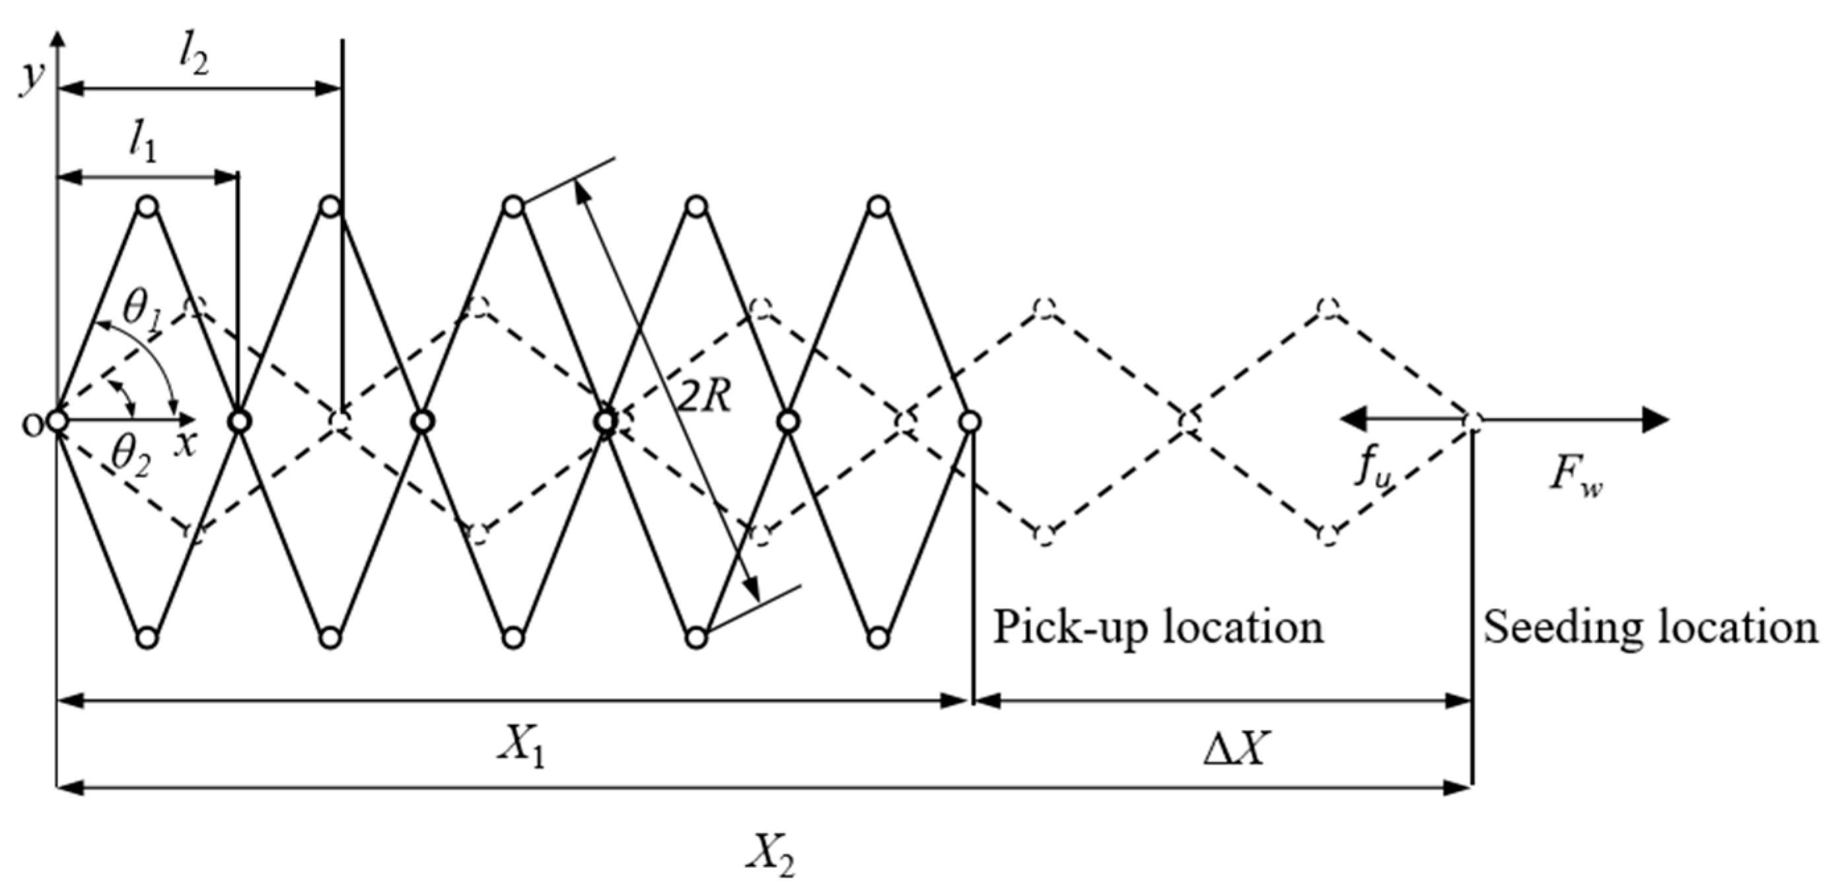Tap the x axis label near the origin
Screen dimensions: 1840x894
(x=186, y=445)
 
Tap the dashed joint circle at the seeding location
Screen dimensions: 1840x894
(x=1472, y=421)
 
